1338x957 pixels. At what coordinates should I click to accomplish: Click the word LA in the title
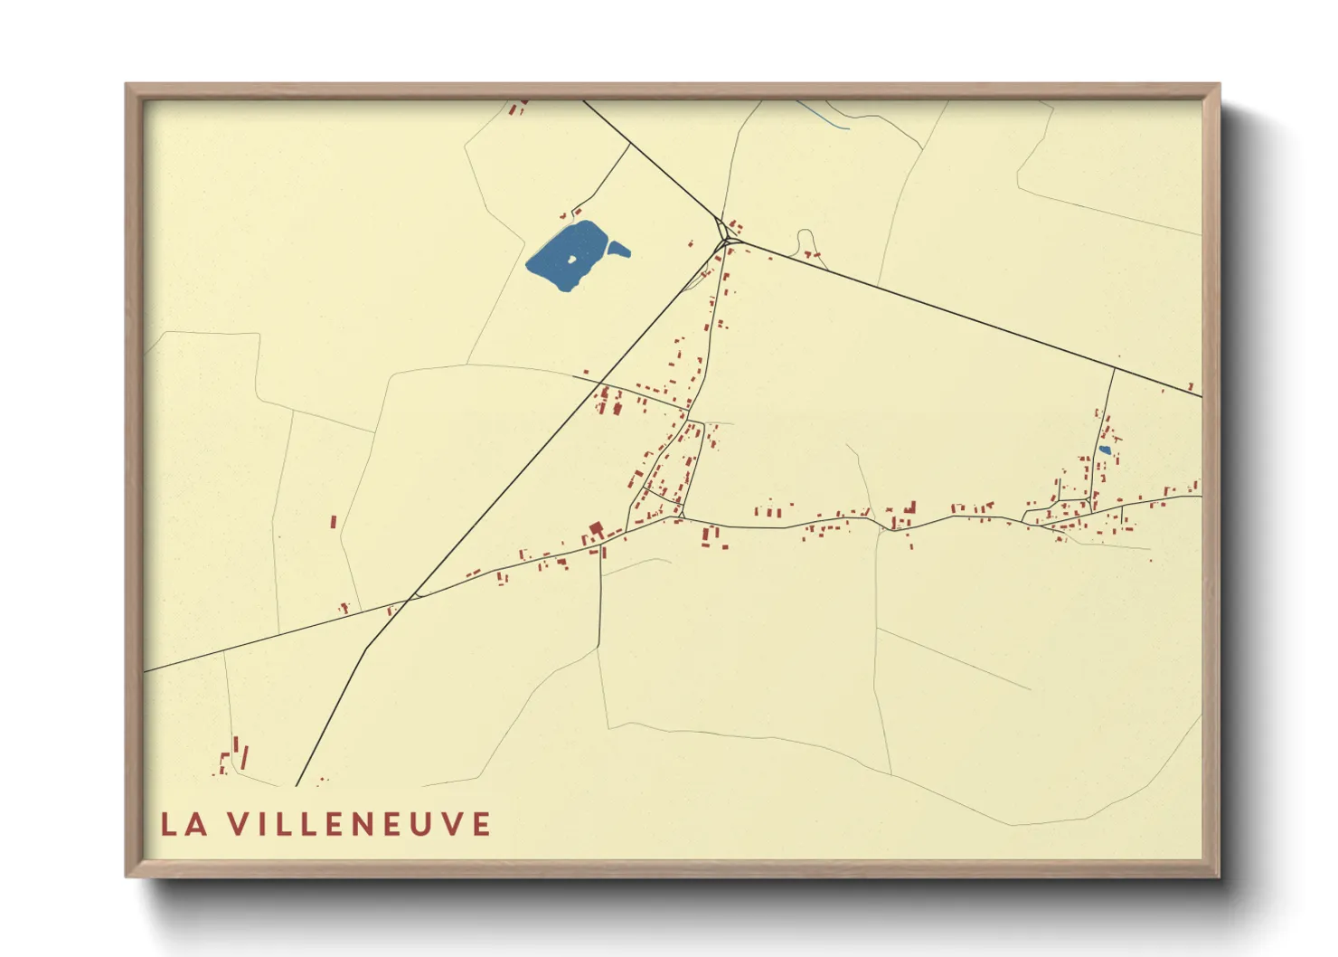pyautogui.click(x=184, y=824)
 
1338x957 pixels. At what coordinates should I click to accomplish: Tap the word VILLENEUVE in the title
pyautogui.click(x=359, y=824)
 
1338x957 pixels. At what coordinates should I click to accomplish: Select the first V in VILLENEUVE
pyautogui.click(x=238, y=824)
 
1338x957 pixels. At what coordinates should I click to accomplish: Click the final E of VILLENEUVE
pyautogui.click(x=480, y=824)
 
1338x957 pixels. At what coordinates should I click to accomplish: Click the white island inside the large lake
pyautogui.click(x=571, y=261)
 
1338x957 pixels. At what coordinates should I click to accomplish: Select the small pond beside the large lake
pyautogui.click(x=618, y=249)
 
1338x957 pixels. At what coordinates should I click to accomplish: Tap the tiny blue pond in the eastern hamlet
pyautogui.click(x=1104, y=450)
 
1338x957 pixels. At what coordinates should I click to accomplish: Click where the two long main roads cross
pyautogui.click(x=414, y=596)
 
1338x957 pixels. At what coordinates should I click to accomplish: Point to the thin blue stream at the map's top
pyautogui.click(x=824, y=116)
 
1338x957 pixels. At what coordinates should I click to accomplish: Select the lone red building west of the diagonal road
pyautogui.click(x=334, y=522)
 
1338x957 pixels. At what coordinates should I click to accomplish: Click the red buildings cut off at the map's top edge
pyautogui.click(x=517, y=108)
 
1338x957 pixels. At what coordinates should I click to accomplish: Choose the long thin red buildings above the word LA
pyautogui.click(x=240, y=753)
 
